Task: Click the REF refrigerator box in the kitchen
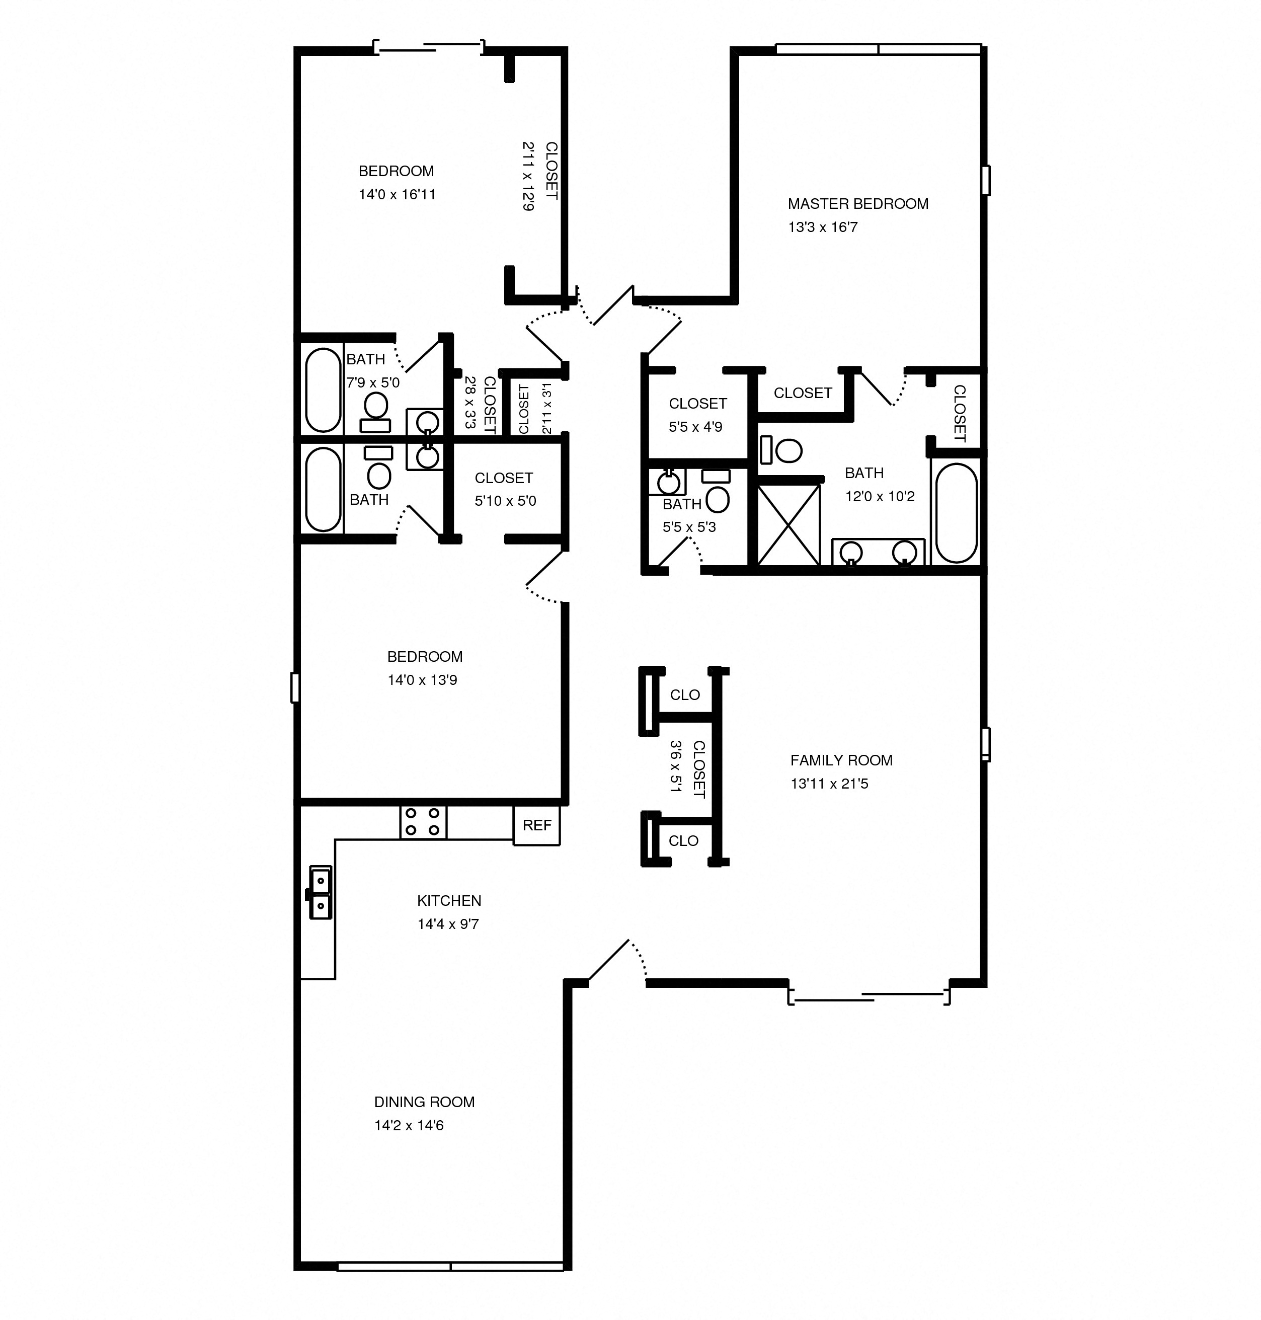click(536, 825)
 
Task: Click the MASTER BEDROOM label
click(858, 204)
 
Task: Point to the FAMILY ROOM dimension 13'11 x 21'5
click(829, 784)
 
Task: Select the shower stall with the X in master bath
click(789, 525)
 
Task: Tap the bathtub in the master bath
click(957, 512)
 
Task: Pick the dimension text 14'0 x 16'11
click(397, 195)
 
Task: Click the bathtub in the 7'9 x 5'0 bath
click(323, 390)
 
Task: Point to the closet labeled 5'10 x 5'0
click(505, 489)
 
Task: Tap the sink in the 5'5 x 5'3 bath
click(668, 482)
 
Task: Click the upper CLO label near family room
click(685, 695)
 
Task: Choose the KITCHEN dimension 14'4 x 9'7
click(448, 924)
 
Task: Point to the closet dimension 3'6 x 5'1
click(676, 766)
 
